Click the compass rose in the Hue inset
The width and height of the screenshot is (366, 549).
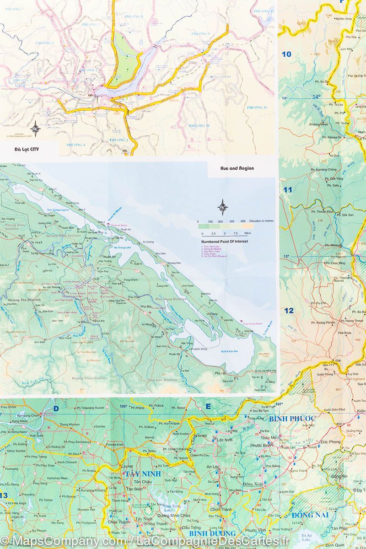tap(222, 207)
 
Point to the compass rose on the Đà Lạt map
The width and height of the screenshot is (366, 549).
tap(35, 127)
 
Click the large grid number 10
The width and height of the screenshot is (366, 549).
tap(286, 54)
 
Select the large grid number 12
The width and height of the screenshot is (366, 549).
tap(289, 311)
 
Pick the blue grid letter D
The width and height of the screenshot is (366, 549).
tap(56, 409)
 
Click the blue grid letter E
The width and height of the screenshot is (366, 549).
tap(208, 406)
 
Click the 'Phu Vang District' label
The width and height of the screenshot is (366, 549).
tap(171, 299)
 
